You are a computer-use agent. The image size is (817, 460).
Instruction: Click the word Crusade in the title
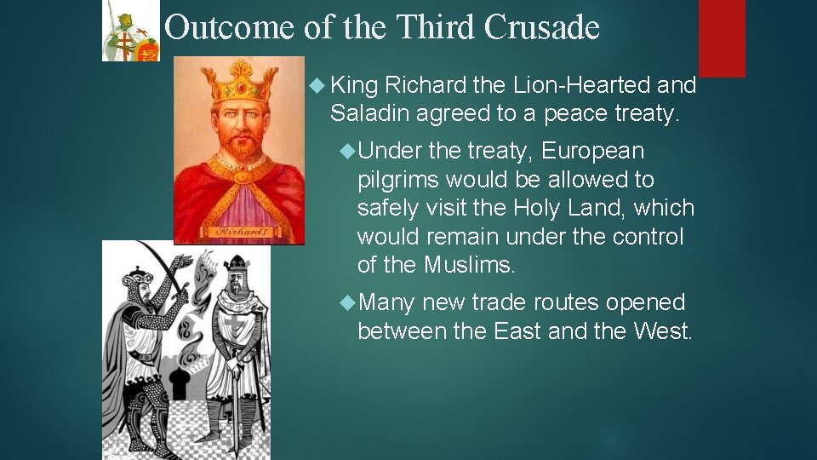click(541, 29)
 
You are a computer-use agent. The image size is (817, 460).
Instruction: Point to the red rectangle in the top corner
click(722, 37)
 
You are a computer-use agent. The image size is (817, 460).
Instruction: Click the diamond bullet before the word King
click(318, 85)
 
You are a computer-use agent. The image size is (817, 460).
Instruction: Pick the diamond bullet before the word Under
click(346, 152)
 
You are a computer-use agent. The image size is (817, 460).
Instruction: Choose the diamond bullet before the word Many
click(346, 302)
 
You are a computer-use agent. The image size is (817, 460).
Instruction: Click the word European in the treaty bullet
click(592, 152)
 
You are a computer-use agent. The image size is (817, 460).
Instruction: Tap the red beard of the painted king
click(243, 149)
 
